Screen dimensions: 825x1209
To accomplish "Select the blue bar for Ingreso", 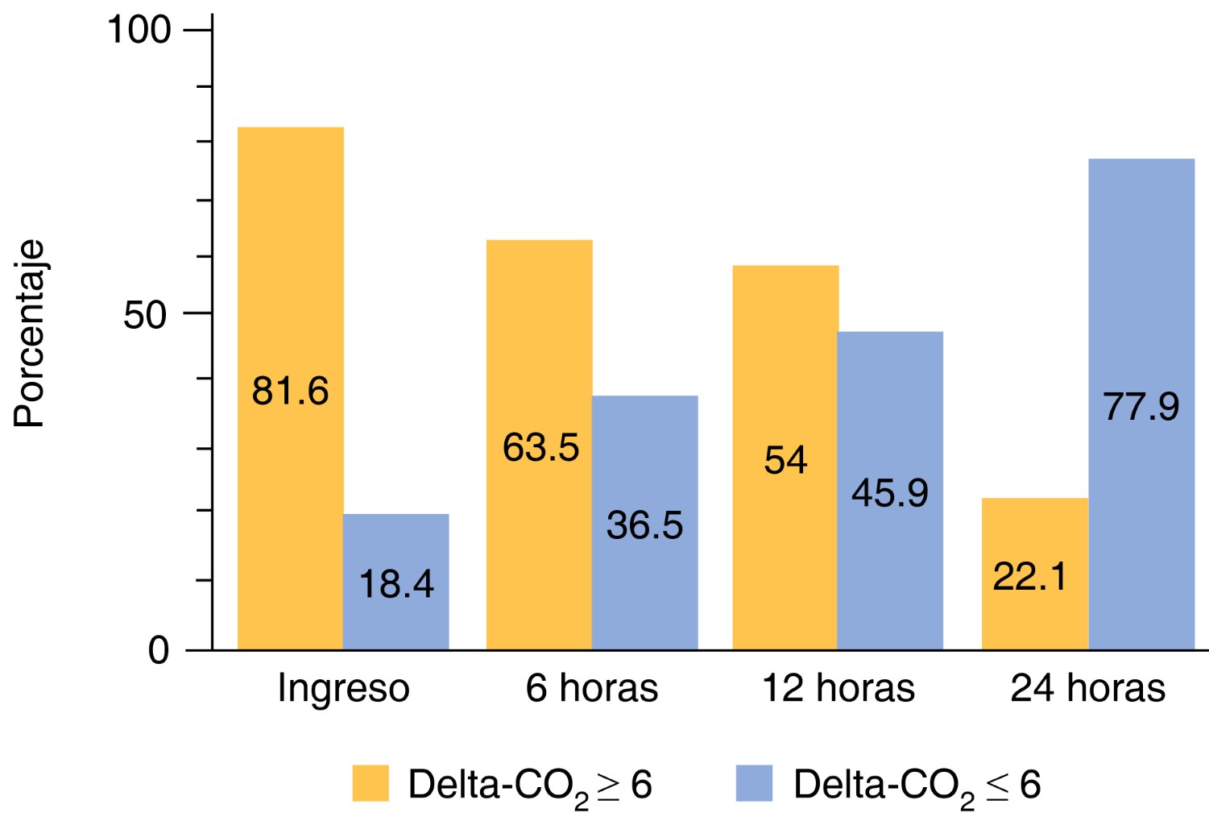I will click(395, 540).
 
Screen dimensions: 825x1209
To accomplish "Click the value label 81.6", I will click(290, 392).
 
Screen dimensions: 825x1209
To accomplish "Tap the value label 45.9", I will click(890, 493).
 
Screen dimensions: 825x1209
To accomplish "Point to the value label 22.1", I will click(1029, 577).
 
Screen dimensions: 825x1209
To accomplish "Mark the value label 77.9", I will click(1141, 407).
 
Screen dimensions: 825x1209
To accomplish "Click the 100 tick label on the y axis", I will click(139, 30).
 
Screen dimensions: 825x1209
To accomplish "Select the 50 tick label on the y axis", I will click(146, 315).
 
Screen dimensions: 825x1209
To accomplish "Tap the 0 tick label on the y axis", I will click(159, 650).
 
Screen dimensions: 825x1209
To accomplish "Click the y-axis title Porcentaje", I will click(30, 334).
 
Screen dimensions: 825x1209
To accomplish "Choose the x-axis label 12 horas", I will click(838, 689).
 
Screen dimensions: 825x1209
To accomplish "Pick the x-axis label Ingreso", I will click(343, 689).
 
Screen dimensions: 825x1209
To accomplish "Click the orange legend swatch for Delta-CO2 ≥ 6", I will click(371, 783).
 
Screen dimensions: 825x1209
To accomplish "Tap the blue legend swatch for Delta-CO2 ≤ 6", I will click(754, 783).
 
